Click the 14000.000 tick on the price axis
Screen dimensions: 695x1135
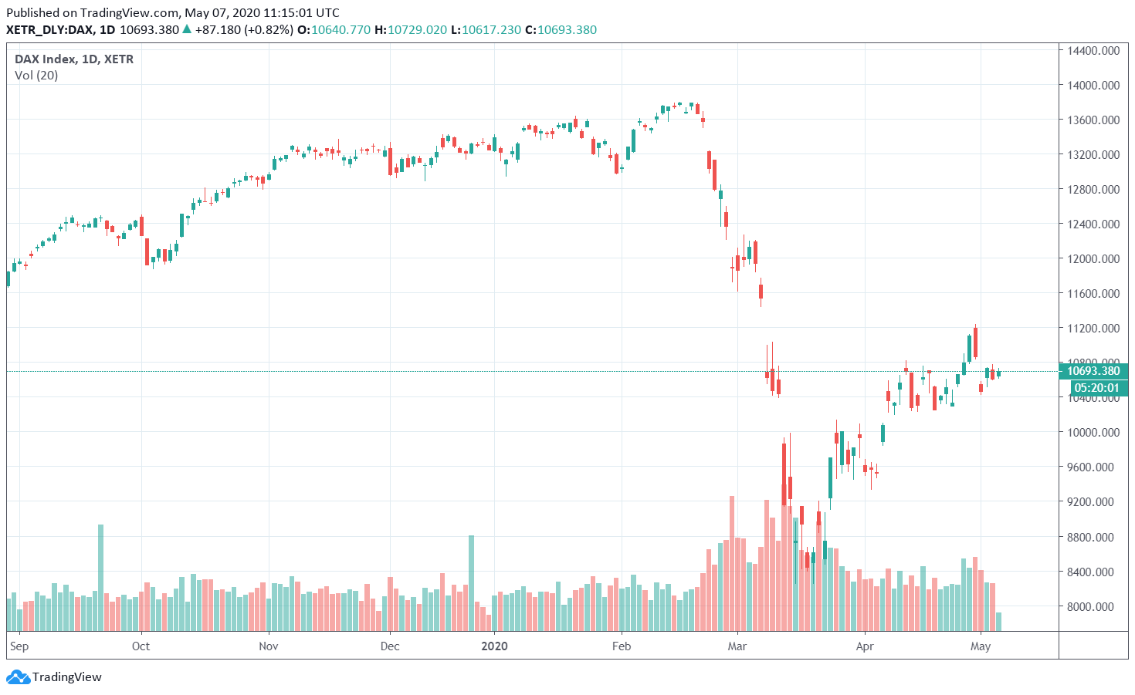click(x=1093, y=86)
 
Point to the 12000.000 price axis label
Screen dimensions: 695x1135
click(x=1093, y=259)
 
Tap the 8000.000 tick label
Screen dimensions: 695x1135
click(x=1093, y=607)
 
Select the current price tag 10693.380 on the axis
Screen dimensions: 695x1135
click(x=1093, y=371)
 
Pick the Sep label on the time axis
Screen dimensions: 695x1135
click(x=19, y=646)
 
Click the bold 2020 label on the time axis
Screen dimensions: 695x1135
click(x=494, y=646)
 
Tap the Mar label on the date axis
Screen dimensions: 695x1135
click(x=737, y=646)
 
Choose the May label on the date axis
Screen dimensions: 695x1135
click(x=981, y=646)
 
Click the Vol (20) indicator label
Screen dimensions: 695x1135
click(x=36, y=76)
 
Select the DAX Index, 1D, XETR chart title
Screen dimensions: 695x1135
click(x=74, y=59)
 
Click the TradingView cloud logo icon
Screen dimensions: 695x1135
click(x=18, y=677)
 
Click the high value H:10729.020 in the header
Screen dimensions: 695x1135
click(x=410, y=30)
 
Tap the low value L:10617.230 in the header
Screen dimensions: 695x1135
click(x=486, y=30)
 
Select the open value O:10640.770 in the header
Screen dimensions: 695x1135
click(x=334, y=30)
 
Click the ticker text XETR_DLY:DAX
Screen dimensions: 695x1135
click(x=50, y=30)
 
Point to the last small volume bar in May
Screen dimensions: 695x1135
click(x=999, y=622)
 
